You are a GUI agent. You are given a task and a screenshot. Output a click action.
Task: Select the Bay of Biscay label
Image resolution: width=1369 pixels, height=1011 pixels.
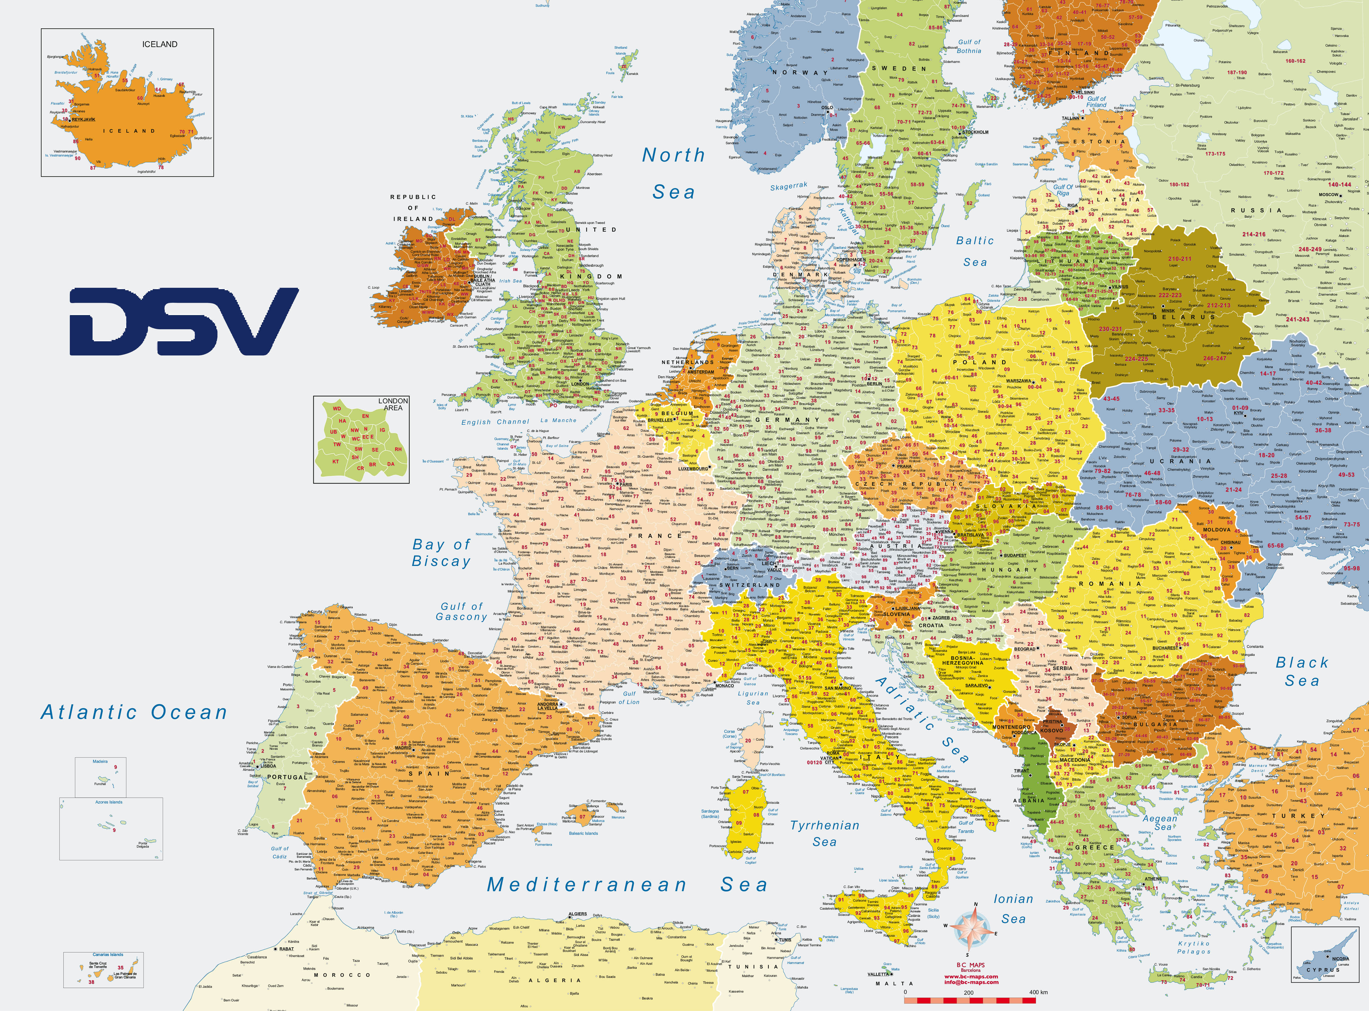click(x=441, y=553)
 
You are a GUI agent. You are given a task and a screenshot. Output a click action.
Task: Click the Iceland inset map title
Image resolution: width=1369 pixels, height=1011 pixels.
click(x=160, y=44)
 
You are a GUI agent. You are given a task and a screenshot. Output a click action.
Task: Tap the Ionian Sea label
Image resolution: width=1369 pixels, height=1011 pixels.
click(x=1013, y=908)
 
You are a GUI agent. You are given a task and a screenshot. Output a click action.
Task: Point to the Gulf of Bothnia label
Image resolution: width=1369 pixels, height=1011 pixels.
click(x=969, y=47)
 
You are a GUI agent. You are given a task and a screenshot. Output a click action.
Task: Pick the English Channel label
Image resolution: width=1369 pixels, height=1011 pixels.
click(x=495, y=422)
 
